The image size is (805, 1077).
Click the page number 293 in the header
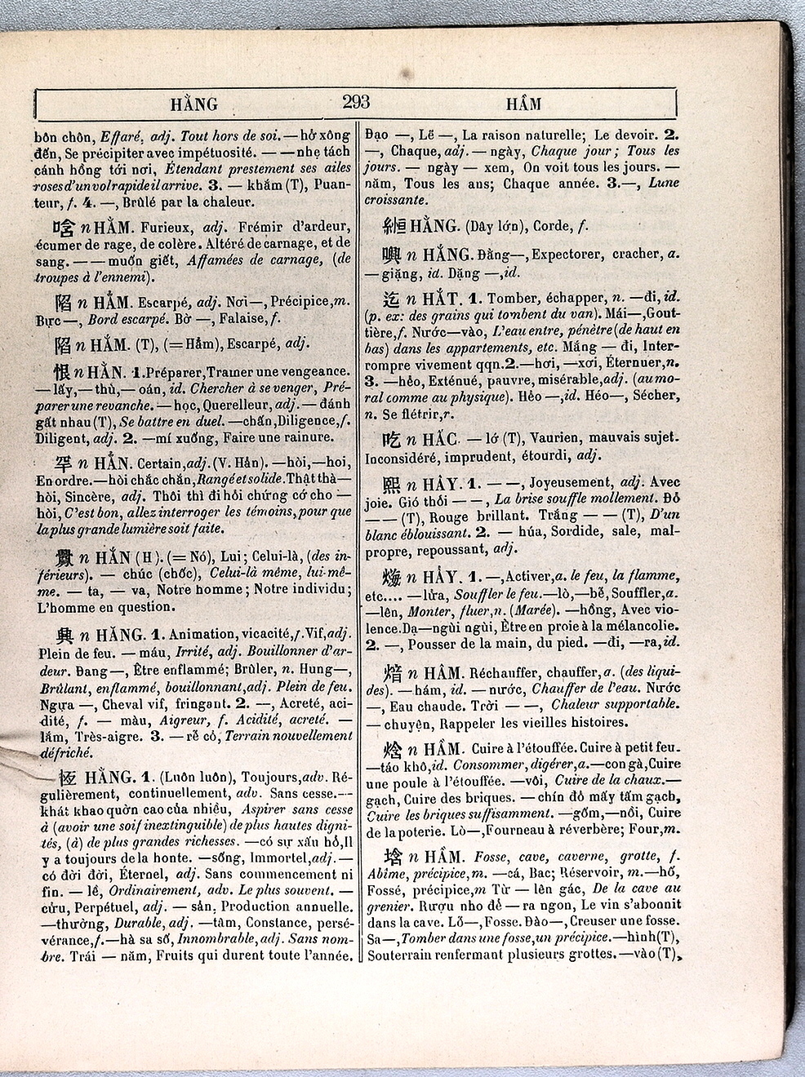(x=356, y=102)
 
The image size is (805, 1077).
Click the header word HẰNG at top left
(x=194, y=104)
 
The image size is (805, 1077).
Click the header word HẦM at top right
(x=523, y=104)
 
